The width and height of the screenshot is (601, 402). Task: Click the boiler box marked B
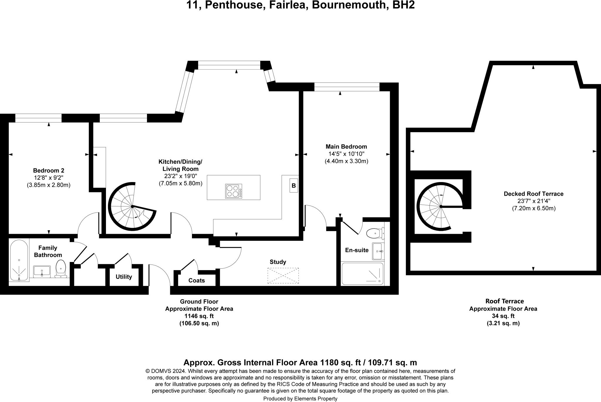[293, 186]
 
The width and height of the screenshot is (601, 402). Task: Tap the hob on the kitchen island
[234, 191]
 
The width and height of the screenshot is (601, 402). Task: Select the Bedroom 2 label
[48, 171]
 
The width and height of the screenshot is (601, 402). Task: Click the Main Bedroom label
[346, 147]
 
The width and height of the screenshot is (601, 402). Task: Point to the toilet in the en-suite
[375, 234]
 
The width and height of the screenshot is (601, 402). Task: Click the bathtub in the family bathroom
[19, 260]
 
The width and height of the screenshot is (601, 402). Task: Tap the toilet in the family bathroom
[61, 268]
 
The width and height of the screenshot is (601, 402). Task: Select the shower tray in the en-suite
[363, 274]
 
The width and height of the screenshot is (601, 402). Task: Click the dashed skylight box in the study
[283, 275]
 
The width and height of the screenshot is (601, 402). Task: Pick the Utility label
[124, 277]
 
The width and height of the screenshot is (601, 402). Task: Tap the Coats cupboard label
[196, 280]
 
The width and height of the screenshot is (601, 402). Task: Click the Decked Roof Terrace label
[534, 194]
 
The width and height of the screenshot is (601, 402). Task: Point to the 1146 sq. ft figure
[199, 316]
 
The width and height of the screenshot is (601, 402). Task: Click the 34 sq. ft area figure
[503, 316]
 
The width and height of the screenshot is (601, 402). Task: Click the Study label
[278, 262]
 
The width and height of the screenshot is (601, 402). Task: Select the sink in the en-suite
[378, 251]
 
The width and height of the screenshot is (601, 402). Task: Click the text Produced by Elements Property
[300, 398]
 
